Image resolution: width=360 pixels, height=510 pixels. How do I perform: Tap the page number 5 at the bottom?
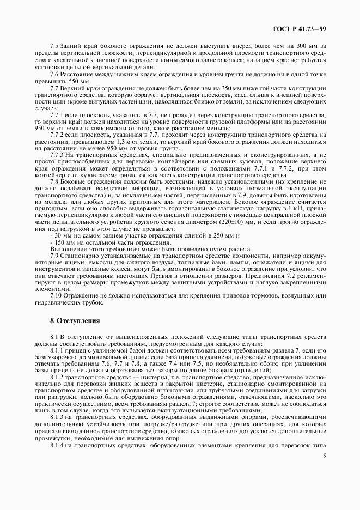[324, 456]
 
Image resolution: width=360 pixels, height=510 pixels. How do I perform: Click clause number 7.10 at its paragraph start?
[57, 295]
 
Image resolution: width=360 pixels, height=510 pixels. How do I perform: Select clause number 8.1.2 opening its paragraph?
[58, 377]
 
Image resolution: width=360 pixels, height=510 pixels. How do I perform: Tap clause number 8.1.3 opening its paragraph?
[58, 416]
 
